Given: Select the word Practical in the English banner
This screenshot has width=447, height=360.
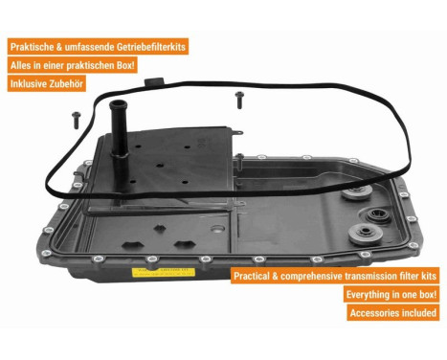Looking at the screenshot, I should (257, 276).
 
